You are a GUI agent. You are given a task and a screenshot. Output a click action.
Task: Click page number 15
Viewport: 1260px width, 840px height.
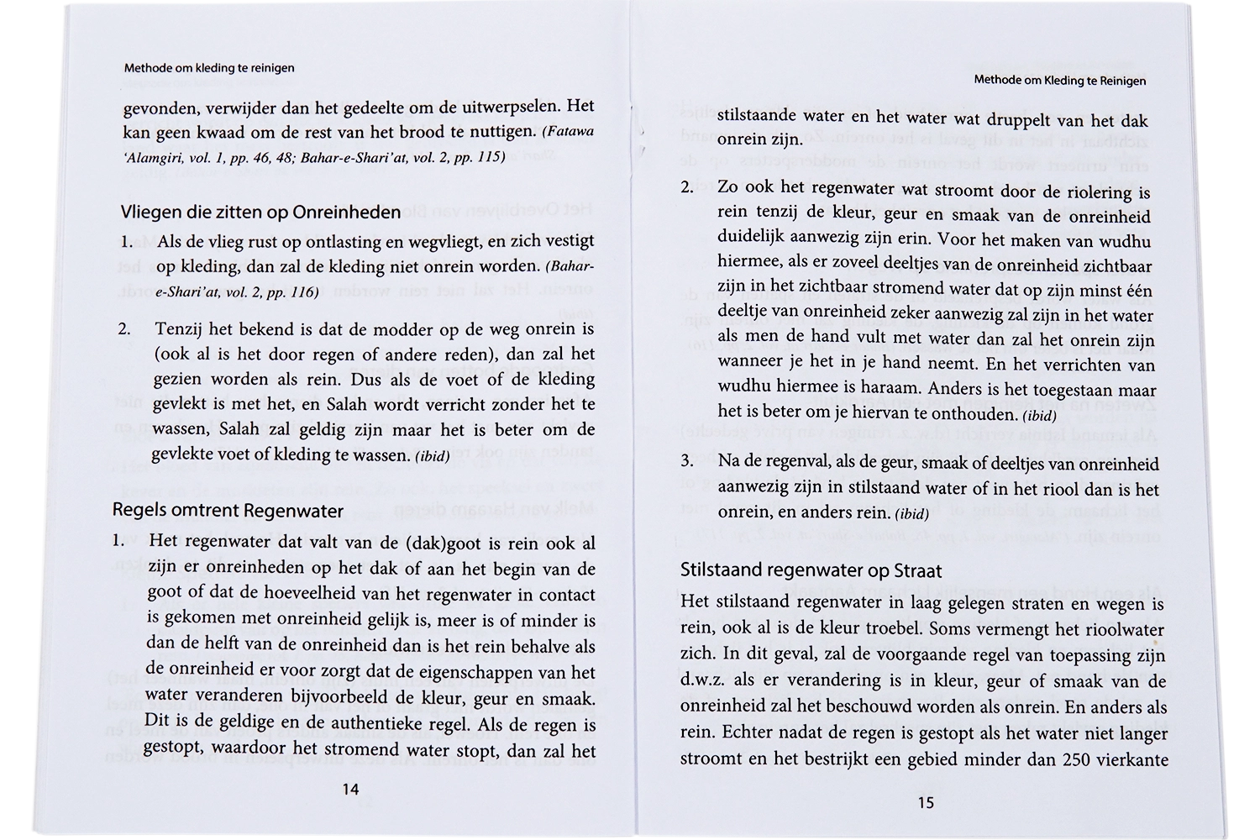pyautogui.click(x=925, y=801)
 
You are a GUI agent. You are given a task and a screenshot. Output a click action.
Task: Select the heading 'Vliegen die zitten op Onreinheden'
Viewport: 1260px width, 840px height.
pyautogui.click(x=260, y=213)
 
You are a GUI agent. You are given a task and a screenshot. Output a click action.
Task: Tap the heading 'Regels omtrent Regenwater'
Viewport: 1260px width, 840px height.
pyautogui.click(x=228, y=511)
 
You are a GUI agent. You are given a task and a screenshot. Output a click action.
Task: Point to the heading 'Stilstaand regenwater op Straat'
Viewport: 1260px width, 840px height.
pyautogui.click(x=811, y=570)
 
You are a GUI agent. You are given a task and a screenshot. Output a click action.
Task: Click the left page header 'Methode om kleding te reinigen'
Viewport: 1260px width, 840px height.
pyautogui.click(x=209, y=67)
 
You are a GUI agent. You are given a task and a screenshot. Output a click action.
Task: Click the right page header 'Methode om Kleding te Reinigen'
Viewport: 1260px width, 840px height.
pyautogui.click(x=1060, y=81)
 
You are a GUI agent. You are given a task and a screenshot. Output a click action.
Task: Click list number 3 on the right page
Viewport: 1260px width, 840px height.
pyautogui.click(x=687, y=461)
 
